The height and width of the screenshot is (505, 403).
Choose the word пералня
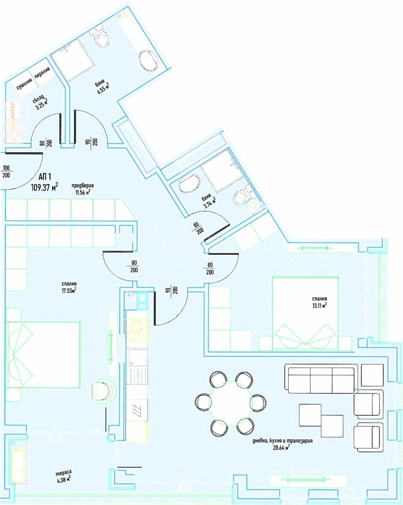42,77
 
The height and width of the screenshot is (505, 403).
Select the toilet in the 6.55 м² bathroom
100,36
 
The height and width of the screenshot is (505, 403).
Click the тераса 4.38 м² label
63,476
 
